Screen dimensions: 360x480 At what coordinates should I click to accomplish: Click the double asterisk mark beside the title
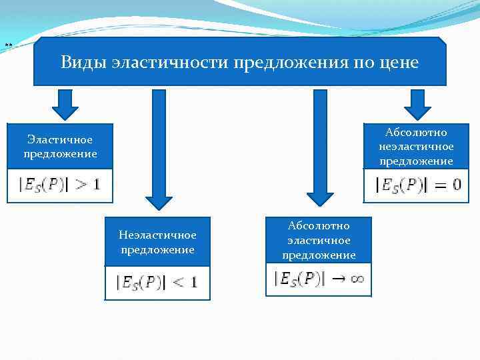coord(8,45)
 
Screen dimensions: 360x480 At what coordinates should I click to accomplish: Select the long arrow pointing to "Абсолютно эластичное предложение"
coord(320,147)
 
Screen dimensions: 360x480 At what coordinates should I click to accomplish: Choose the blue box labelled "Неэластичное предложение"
coord(157,242)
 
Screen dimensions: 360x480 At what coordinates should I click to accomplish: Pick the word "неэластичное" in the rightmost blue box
coord(416,147)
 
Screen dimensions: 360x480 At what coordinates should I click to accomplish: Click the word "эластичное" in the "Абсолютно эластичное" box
coord(319,241)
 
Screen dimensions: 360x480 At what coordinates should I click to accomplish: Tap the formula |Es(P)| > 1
coord(60,185)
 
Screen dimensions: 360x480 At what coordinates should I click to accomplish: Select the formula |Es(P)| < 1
coord(157,283)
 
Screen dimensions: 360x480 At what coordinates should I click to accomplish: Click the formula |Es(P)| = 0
coord(417,185)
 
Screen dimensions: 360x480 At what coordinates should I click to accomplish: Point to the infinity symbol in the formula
coord(357,279)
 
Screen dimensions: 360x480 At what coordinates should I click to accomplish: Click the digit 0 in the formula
coord(456,185)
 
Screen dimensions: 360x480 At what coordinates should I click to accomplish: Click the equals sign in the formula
coord(439,185)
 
